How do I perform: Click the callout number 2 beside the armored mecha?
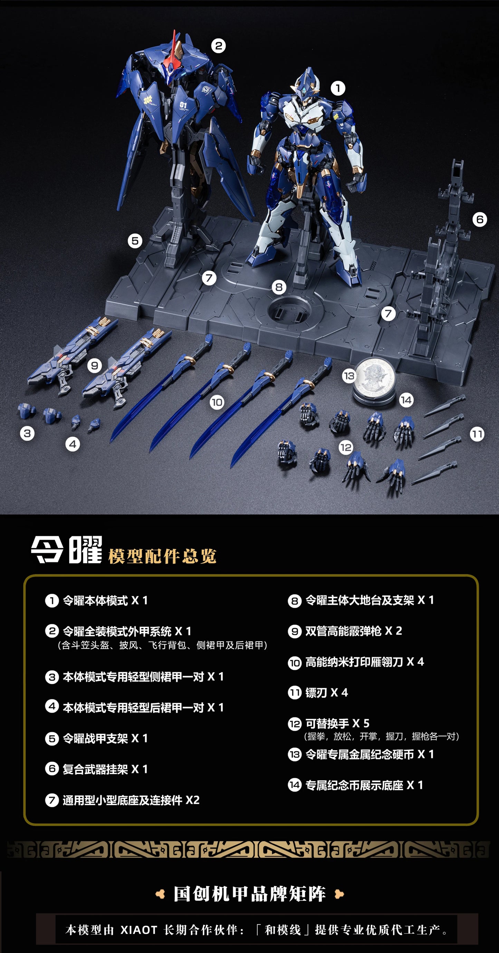pyautogui.click(x=218, y=46)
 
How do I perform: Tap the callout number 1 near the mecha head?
pyautogui.click(x=338, y=88)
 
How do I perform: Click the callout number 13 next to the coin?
pyautogui.click(x=349, y=376)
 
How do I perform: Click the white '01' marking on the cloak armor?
pyautogui.click(x=183, y=105)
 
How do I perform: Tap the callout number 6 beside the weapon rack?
pyautogui.click(x=479, y=219)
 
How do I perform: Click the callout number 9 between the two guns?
pyautogui.click(x=95, y=366)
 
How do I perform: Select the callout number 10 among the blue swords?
pyautogui.click(x=217, y=402)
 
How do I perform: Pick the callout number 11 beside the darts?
pyautogui.click(x=477, y=434)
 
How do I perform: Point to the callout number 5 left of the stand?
pyautogui.click(x=135, y=241)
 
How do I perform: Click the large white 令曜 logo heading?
pyautogui.click(x=67, y=550)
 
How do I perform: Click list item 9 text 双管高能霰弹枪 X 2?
pyautogui.click(x=353, y=631)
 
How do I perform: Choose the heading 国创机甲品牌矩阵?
pyautogui.click(x=250, y=894)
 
